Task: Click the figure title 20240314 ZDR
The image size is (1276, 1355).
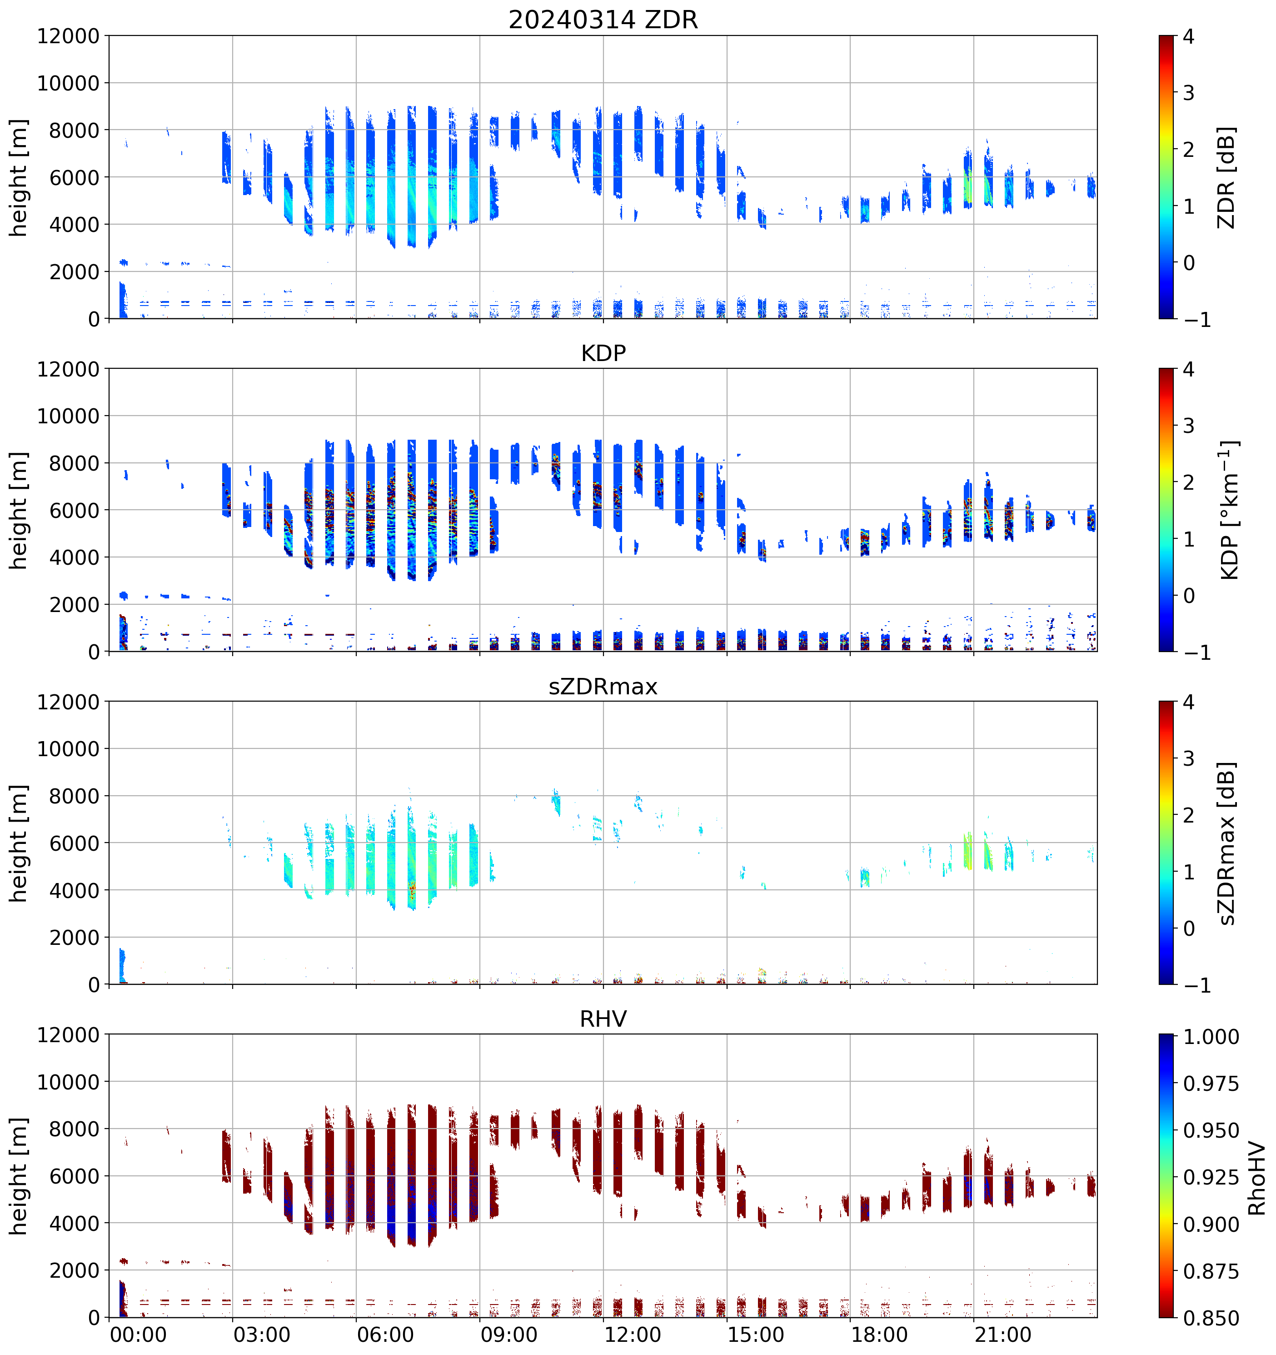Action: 603,20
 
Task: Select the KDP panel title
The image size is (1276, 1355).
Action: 603,353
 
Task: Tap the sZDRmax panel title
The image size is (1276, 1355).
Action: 603,686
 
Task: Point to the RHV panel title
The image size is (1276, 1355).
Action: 603,1019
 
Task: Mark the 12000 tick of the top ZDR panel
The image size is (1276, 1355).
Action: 68,36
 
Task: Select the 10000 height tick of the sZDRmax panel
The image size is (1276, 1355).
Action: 68,749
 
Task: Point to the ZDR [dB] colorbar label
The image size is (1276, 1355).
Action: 1226,177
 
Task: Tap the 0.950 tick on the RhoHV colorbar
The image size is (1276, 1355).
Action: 1211,1131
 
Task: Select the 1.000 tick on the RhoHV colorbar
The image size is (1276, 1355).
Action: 1211,1037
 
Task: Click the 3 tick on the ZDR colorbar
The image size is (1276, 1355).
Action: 1188,93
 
